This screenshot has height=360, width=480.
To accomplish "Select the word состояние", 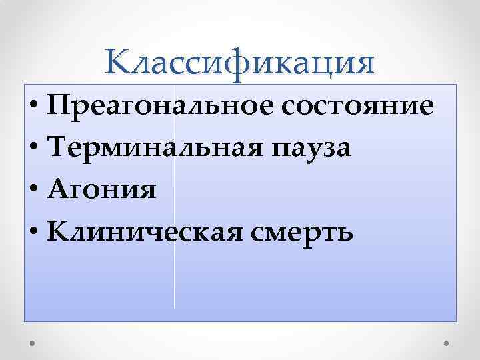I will click(360, 107).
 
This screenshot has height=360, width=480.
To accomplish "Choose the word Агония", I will click(103, 191).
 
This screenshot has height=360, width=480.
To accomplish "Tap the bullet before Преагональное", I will click(33, 109).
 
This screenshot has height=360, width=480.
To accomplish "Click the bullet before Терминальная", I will click(33, 149).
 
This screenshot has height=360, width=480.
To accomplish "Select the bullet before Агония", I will click(33, 191).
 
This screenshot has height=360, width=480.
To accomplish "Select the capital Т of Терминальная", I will click(57, 147).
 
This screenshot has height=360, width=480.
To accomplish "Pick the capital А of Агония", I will click(57, 189).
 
